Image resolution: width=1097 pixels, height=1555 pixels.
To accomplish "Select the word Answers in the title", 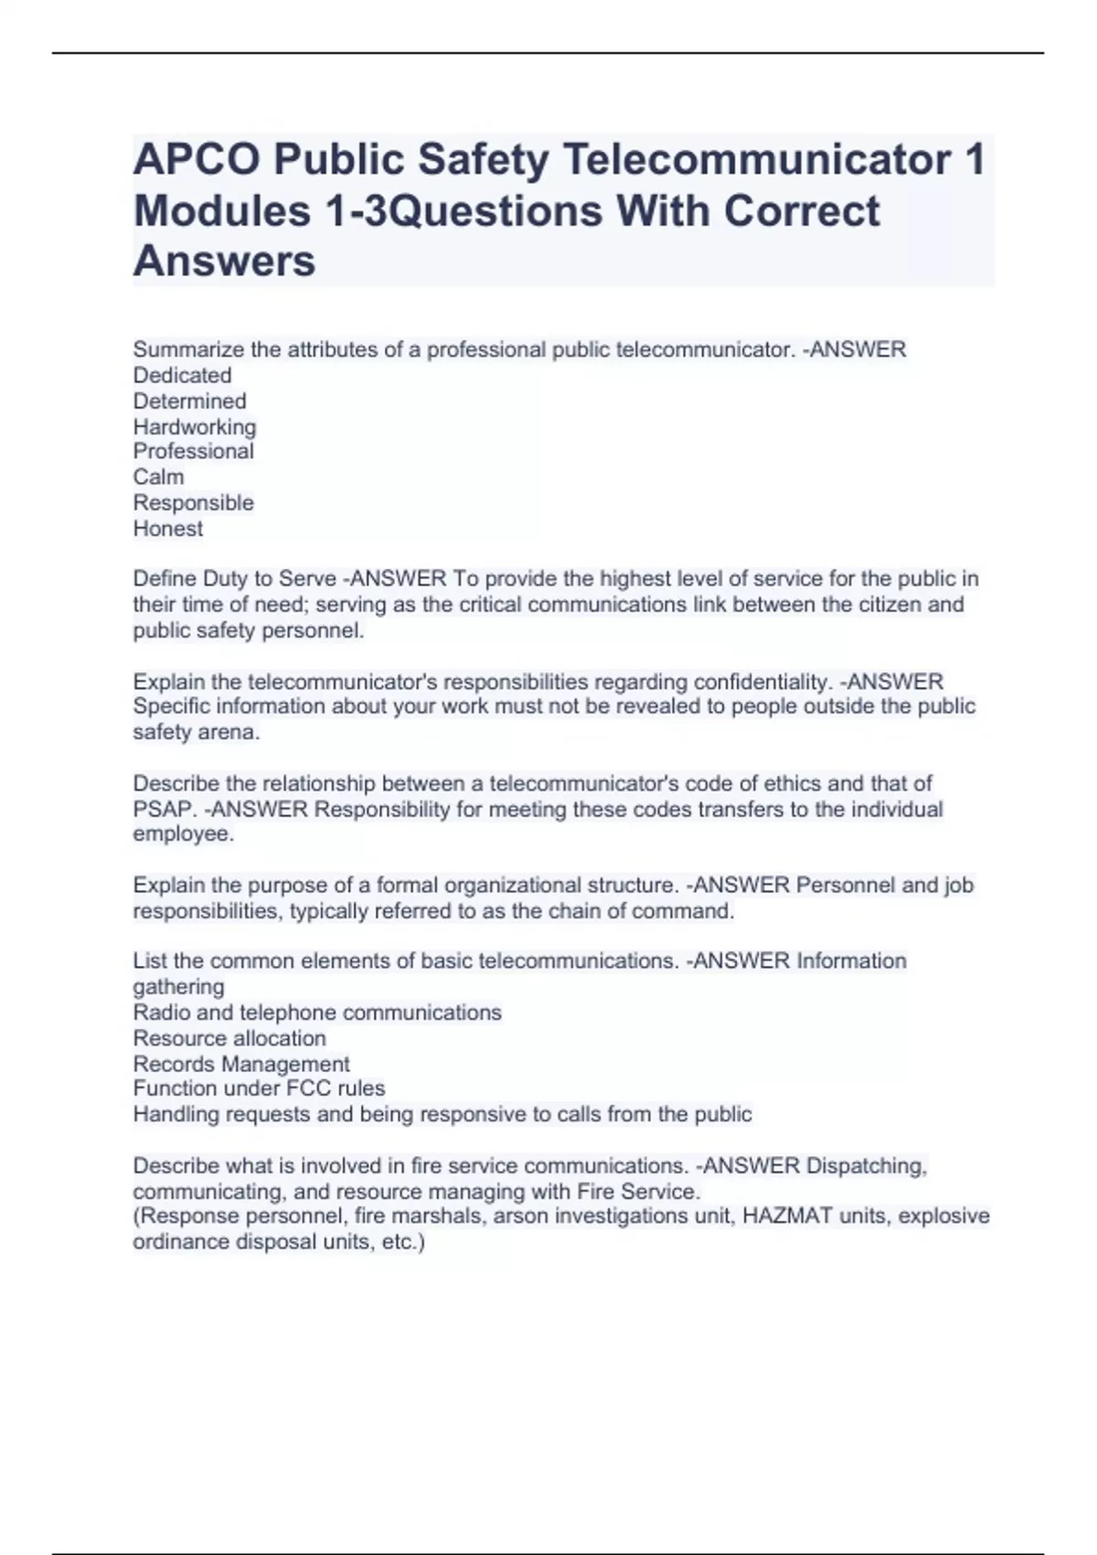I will [x=225, y=262].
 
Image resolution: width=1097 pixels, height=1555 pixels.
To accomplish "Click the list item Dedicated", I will [x=182, y=375].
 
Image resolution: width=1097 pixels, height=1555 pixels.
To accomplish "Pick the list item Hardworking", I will [x=194, y=427].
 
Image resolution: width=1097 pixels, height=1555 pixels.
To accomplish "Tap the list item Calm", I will [x=158, y=477].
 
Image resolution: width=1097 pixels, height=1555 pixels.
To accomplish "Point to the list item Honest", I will [x=167, y=529].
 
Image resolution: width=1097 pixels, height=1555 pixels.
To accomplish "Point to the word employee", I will [x=182, y=834].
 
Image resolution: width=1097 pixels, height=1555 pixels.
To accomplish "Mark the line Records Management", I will [x=241, y=1064].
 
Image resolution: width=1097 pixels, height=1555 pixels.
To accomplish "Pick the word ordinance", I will [x=181, y=1242].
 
